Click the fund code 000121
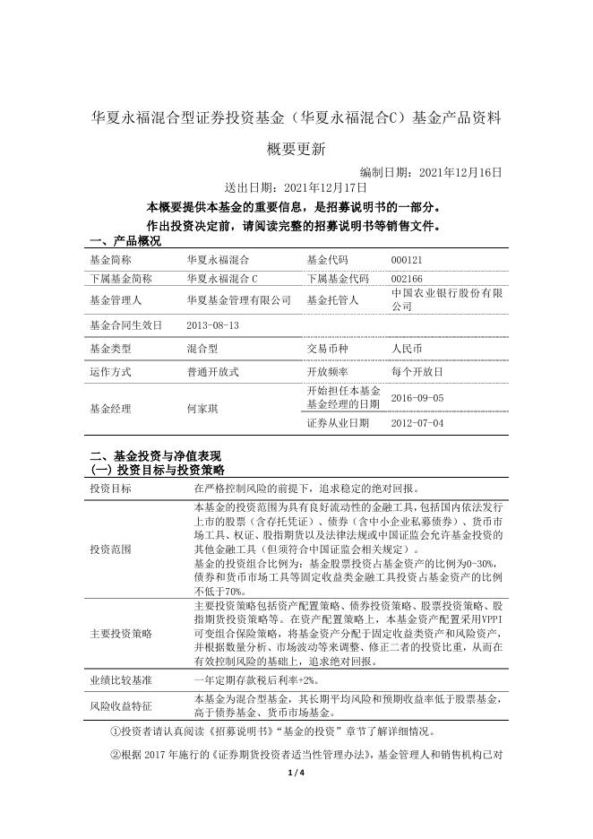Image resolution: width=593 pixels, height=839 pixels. pos(407,259)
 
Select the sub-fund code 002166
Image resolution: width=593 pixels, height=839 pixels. pos(407,279)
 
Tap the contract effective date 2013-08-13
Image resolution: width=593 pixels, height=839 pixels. pos(213,325)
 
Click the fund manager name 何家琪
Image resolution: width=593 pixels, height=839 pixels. pos(202,408)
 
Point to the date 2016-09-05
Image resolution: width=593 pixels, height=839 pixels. pos(417,397)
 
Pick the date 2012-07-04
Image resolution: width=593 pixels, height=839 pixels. pos(417,423)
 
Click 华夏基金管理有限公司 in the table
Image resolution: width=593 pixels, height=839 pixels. pos(239,300)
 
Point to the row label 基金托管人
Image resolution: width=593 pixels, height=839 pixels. pos(332,300)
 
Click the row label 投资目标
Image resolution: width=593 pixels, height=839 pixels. pos(110,489)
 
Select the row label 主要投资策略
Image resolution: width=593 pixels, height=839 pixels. pos(121,633)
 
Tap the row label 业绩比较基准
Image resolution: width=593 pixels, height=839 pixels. pos(121,681)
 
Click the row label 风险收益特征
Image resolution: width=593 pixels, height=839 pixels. pos(121,705)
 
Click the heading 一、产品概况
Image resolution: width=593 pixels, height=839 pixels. pos(125,241)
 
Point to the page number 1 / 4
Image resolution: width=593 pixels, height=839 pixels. pos(296,824)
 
